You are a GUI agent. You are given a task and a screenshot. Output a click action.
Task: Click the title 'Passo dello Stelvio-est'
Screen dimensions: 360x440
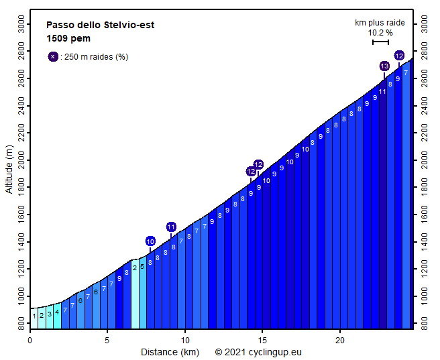pyautogui.click(x=101, y=25)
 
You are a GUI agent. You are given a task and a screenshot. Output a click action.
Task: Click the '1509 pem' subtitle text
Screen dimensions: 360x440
pyautogui.click(x=68, y=38)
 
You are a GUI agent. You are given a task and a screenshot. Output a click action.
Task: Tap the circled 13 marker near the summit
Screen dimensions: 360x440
pyautogui.click(x=384, y=66)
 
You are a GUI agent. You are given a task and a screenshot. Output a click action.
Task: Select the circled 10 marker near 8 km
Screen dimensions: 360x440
pyautogui.click(x=150, y=241)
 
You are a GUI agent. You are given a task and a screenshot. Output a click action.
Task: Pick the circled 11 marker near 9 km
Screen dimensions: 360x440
pyautogui.click(x=171, y=227)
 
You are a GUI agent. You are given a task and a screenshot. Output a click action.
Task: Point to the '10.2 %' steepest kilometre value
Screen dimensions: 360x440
pyautogui.click(x=380, y=32)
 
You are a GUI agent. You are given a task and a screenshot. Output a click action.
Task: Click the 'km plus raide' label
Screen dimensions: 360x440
pyautogui.click(x=380, y=23)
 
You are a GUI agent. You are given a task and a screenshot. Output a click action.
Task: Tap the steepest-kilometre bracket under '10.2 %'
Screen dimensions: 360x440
pyautogui.click(x=380, y=42)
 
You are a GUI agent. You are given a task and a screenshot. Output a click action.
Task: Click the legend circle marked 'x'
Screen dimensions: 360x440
pyautogui.click(x=53, y=56)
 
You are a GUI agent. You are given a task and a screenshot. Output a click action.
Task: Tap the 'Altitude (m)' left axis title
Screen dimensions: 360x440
pyautogui.click(x=9, y=169)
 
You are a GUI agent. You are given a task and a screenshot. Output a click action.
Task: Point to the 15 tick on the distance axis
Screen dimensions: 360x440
pyautogui.click(x=263, y=340)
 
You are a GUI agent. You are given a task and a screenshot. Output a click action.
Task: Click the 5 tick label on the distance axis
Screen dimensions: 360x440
pyautogui.click(x=107, y=340)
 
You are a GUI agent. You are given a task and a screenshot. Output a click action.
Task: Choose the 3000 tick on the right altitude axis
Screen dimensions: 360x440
pyautogui.click(x=424, y=25)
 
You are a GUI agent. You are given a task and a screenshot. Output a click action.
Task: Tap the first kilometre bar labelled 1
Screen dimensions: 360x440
pyautogui.click(x=34, y=315)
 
